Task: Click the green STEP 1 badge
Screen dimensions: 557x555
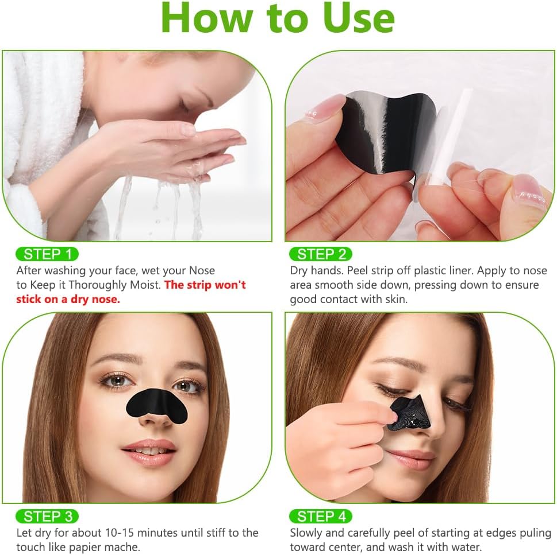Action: (47, 254)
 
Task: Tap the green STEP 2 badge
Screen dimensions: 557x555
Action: (320, 254)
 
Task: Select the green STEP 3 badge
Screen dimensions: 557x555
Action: (47, 516)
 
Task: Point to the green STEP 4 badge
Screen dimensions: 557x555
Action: (320, 516)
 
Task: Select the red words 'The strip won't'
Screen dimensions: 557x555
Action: (205, 285)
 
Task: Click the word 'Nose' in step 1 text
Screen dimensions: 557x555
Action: (202, 270)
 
